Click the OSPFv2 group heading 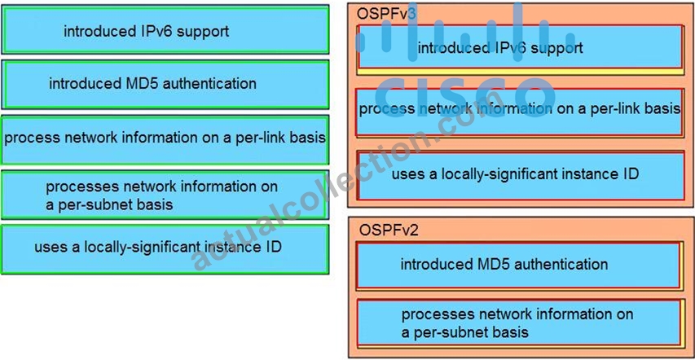click(x=389, y=230)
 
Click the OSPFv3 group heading click(x=386, y=14)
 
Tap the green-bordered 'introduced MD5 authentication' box click(x=165, y=84)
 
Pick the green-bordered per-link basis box click(x=165, y=139)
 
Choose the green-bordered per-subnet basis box click(x=165, y=195)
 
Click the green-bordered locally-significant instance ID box click(x=165, y=249)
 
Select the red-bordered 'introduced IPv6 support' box click(x=520, y=47)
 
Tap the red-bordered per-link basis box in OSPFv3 click(x=520, y=112)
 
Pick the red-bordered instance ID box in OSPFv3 click(x=521, y=175)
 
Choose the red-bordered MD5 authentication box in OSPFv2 click(x=518, y=266)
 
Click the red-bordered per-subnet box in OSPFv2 click(x=519, y=323)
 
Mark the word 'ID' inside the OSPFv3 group click(x=630, y=173)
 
